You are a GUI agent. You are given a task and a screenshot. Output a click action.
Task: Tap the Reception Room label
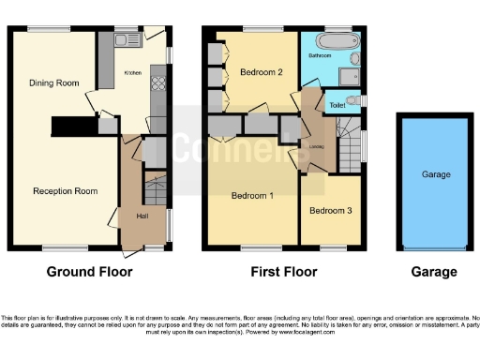[66, 191]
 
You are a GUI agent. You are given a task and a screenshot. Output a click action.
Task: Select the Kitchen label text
[133, 71]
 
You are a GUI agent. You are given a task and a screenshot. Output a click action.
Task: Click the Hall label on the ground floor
[142, 217]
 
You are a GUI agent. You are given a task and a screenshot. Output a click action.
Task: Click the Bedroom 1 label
[252, 196]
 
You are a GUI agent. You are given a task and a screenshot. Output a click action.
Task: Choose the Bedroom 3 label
[331, 211]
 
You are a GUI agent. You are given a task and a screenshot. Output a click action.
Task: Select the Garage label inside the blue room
[435, 175]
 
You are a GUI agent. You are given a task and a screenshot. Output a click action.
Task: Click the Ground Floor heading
[90, 272]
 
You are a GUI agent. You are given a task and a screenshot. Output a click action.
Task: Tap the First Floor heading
[284, 272]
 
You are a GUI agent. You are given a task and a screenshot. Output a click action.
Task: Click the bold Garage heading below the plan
[435, 272]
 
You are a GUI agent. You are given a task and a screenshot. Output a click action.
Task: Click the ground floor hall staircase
[155, 187]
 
